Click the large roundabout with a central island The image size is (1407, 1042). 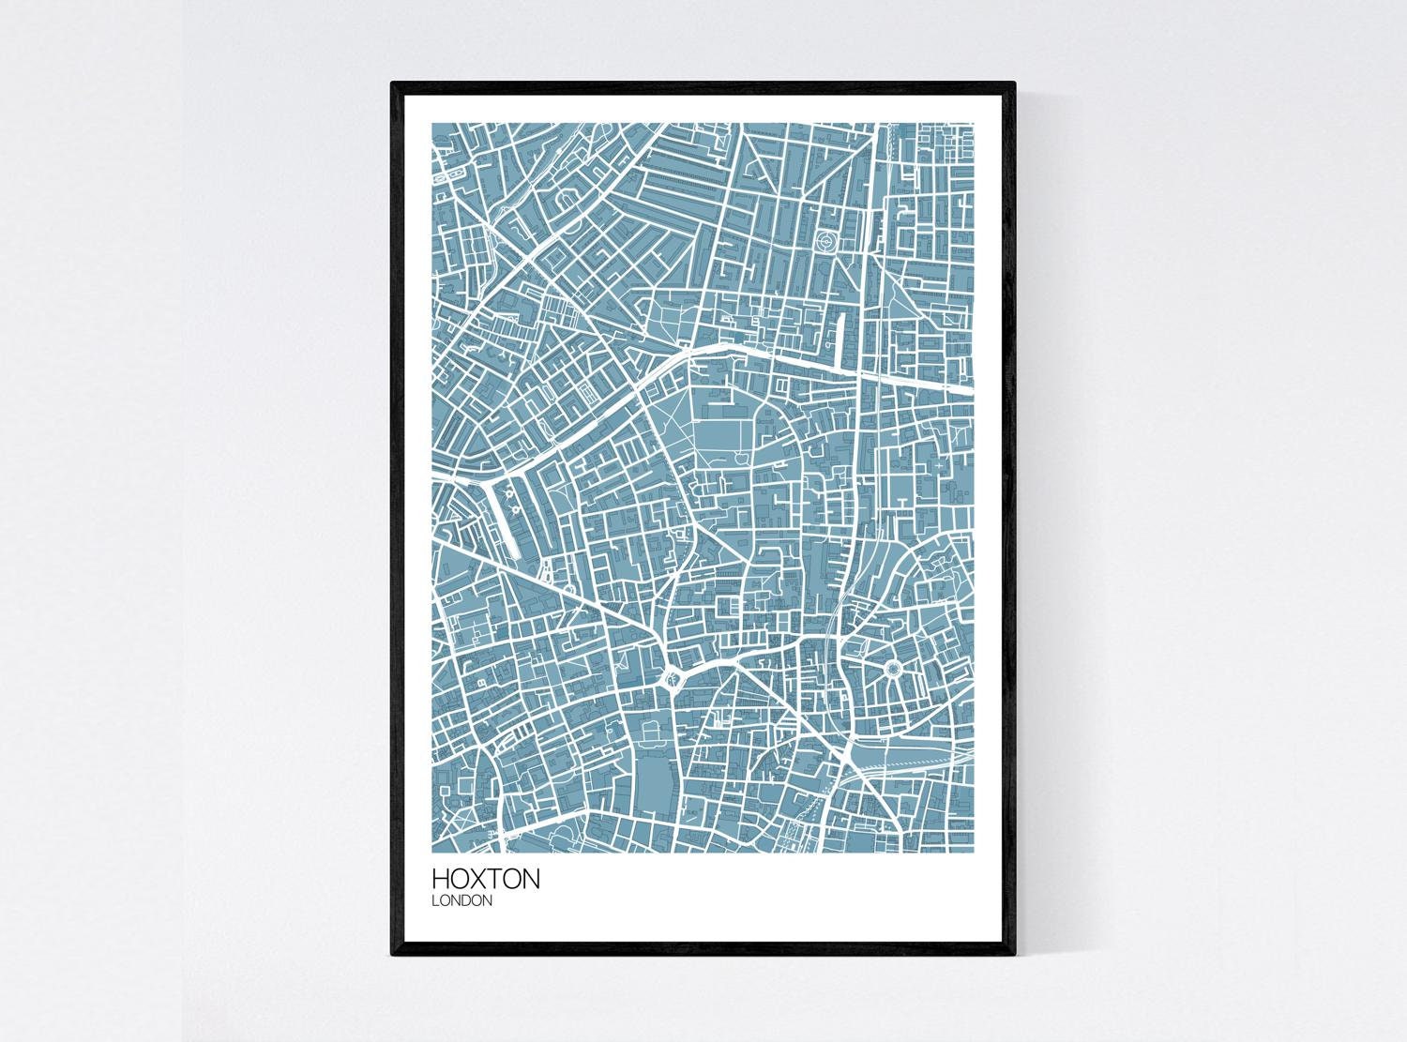[x=672, y=678]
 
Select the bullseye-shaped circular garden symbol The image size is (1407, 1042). [x=825, y=241]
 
